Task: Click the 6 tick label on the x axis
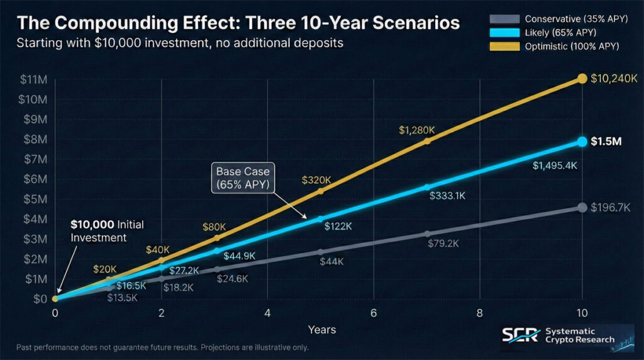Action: point(374,313)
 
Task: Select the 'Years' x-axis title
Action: point(321,330)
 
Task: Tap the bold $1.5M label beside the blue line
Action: point(606,142)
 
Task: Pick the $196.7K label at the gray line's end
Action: point(611,208)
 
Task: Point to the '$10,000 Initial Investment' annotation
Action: point(101,231)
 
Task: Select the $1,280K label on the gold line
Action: point(417,130)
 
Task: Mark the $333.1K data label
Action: point(447,196)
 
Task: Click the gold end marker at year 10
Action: point(582,79)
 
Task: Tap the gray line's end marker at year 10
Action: point(582,208)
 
